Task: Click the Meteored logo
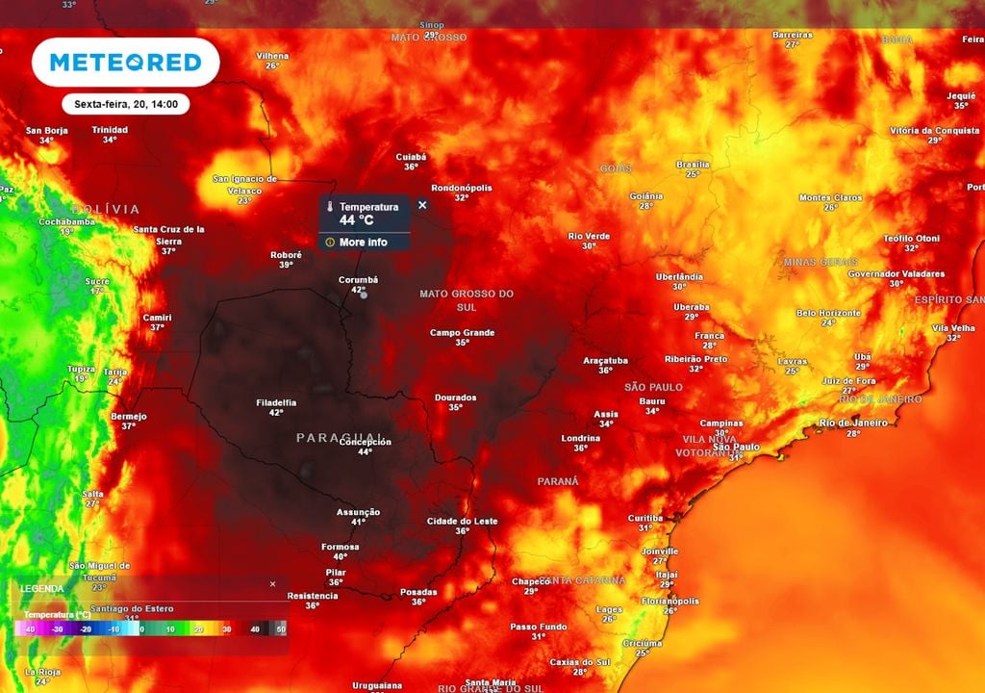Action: coord(125,63)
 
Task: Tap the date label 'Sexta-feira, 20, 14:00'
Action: coord(125,104)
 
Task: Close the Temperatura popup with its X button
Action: coord(421,205)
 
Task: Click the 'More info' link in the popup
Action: coord(363,243)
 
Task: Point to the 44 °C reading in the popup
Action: coord(356,220)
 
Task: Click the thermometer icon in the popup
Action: coord(329,207)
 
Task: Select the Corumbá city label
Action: coord(358,280)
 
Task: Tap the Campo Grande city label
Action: coord(462,333)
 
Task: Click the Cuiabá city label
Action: coord(411,157)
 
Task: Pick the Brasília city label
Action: coord(693,165)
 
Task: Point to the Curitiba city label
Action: coord(645,518)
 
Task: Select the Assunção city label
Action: coord(358,512)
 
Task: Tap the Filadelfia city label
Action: coord(276,402)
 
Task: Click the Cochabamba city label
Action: coord(66,221)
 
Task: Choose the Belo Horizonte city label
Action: coord(829,313)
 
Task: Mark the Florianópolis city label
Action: coord(669,601)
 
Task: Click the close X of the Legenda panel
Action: coord(272,584)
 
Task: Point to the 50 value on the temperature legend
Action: coord(281,629)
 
